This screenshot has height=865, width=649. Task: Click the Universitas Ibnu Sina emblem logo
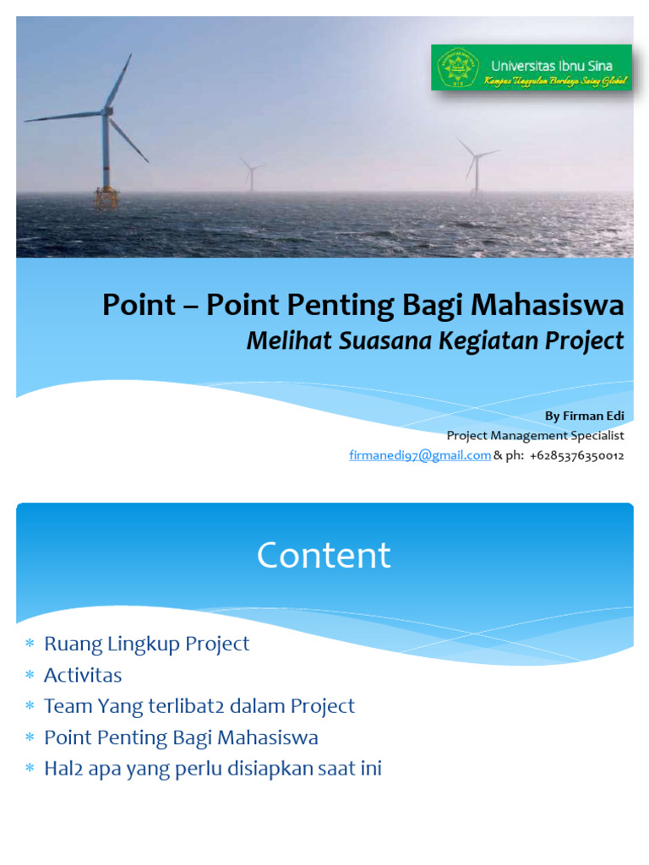pyautogui.click(x=456, y=67)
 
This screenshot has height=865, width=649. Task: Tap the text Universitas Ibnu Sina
pyautogui.click(x=551, y=65)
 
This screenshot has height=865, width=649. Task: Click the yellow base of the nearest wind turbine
pyautogui.click(x=106, y=198)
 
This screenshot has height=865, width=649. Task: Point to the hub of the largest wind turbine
pyautogui.click(x=106, y=111)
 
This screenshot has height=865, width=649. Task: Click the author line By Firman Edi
pyautogui.click(x=584, y=416)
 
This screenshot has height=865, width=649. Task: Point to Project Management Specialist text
pyautogui.click(x=535, y=436)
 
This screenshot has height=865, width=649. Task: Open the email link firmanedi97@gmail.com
pyautogui.click(x=420, y=455)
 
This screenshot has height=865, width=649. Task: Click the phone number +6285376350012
pyautogui.click(x=577, y=455)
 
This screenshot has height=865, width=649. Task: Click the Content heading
pyautogui.click(x=324, y=555)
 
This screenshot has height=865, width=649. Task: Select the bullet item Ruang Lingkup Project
pyautogui.click(x=146, y=644)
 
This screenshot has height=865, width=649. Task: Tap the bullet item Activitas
pyautogui.click(x=83, y=675)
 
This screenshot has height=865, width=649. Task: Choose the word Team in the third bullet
pyautogui.click(x=65, y=706)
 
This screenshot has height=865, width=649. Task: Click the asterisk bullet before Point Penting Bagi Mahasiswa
pyautogui.click(x=30, y=738)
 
